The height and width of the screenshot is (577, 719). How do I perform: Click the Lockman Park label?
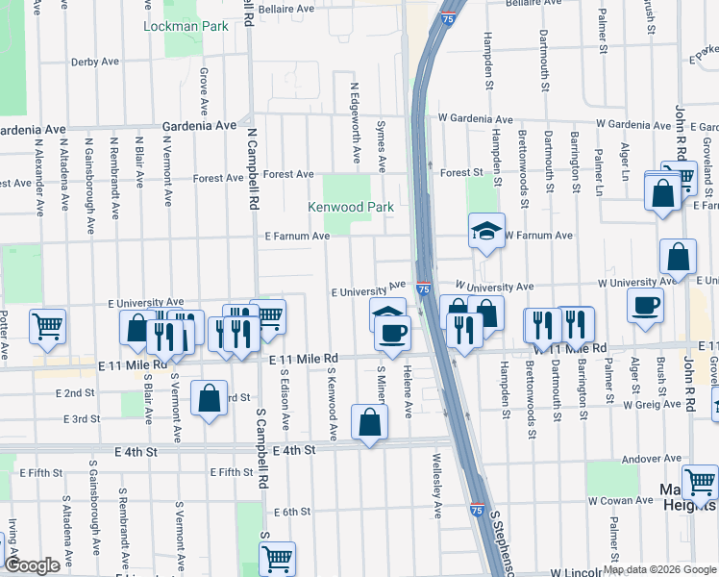[186, 26]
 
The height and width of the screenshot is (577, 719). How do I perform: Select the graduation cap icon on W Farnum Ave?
[486, 231]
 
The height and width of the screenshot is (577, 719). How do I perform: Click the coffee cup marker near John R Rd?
[644, 305]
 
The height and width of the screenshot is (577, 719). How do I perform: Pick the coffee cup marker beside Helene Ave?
[391, 333]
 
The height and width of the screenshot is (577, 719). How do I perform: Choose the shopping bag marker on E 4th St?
[369, 422]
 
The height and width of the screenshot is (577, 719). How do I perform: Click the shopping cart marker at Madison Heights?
[700, 482]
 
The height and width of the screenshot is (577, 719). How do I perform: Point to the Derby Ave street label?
[94, 62]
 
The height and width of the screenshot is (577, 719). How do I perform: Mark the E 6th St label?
[290, 512]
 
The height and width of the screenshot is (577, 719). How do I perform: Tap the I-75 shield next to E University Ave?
[423, 288]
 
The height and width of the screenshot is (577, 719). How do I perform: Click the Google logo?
[34, 565]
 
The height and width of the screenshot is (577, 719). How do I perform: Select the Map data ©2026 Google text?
[659, 569]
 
